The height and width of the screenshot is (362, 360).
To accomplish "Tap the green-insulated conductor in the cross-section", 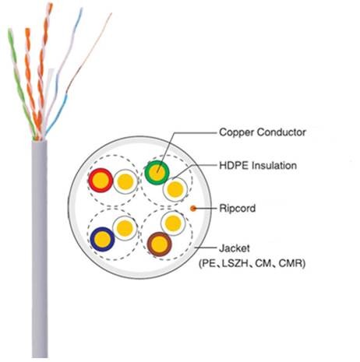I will click(157, 172).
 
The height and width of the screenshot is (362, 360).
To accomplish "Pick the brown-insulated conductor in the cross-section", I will click(159, 244).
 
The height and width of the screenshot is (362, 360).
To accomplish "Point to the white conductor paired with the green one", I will click(175, 188).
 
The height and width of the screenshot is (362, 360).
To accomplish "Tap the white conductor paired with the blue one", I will click(122, 227).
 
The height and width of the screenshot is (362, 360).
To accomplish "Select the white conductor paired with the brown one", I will click(176, 227).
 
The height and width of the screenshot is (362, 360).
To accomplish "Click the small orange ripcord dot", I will click(194, 208).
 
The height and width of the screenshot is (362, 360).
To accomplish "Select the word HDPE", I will click(234, 166).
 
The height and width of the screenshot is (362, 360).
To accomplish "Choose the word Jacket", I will click(237, 250).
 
